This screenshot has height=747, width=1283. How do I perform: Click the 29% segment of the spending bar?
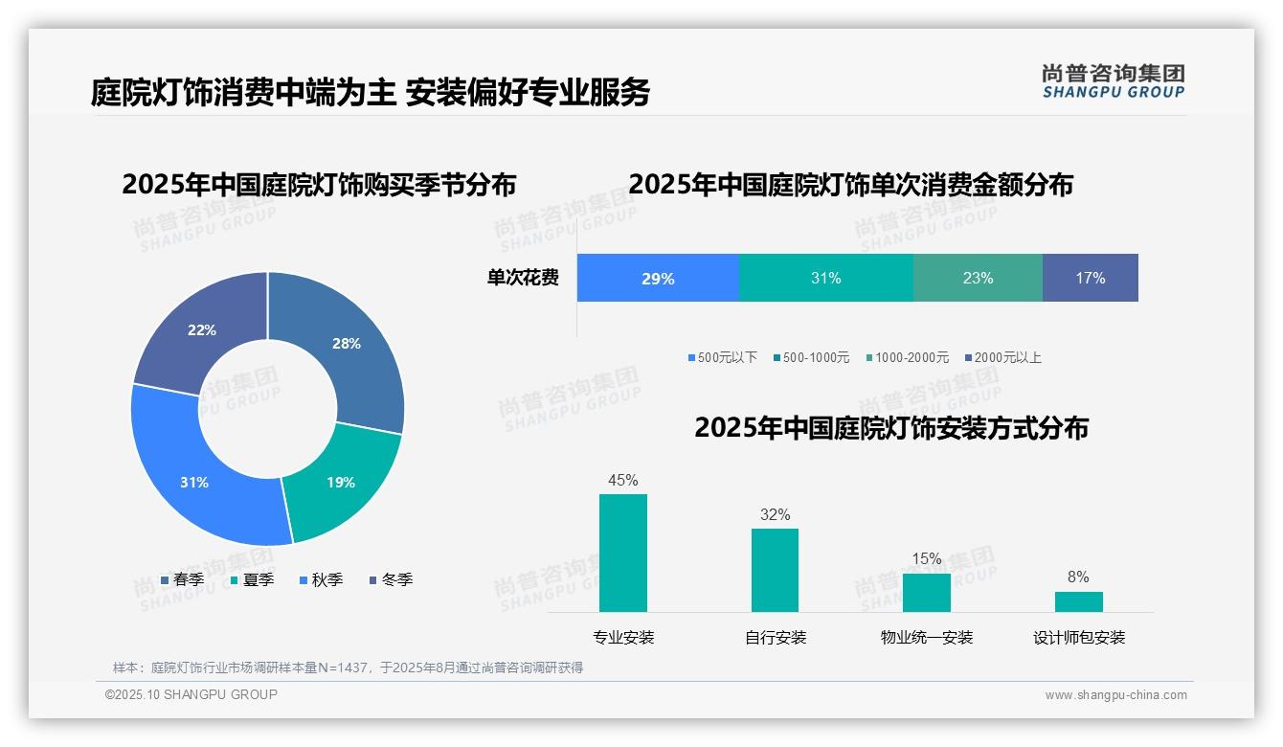click(658, 279)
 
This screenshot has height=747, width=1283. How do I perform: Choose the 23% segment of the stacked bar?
click(978, 279)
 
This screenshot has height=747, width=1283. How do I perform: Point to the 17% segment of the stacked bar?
click(1090, 279)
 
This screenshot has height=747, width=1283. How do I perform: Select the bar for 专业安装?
click(623, 553)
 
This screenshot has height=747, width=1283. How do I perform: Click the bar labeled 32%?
click(775, 570)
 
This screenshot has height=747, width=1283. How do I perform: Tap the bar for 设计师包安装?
click(1078, 601)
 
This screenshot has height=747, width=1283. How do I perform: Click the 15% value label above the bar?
click(927, 558)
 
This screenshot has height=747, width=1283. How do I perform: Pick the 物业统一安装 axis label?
click(927, 638)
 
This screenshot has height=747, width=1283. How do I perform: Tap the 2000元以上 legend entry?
click(1002, 357)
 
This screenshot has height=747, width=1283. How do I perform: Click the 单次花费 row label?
click(523, 279)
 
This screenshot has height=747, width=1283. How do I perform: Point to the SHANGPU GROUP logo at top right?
click(1113, 81)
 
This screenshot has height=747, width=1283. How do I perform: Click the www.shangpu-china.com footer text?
click(1115, 695)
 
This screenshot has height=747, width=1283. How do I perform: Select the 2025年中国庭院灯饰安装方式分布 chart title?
click(890, 428)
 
